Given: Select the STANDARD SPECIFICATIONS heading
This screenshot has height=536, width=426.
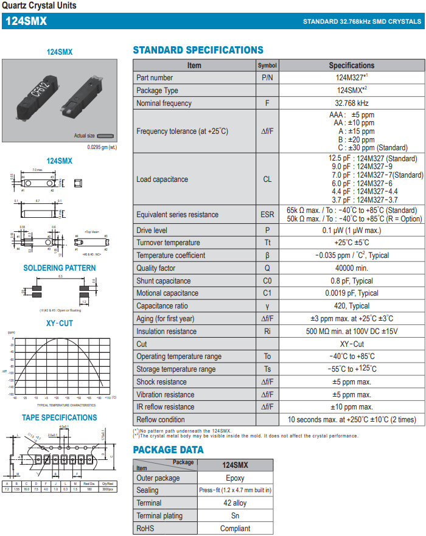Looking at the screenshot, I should (x=198, y=50).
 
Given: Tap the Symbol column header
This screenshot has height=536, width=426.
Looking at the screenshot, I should (x=267, y=65).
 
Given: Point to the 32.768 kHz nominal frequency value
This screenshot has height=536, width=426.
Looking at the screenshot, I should (x=351, y=103).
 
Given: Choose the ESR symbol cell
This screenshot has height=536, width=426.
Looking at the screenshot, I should (x=267, y=215).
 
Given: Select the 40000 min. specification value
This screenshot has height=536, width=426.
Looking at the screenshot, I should (x=351, y=268).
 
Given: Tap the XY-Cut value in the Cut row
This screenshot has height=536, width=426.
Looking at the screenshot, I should (x=351, y=344).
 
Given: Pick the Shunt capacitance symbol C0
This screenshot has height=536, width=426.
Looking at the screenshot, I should (x=267, y=281).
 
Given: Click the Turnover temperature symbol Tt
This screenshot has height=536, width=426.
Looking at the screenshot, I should (x=267, y=243).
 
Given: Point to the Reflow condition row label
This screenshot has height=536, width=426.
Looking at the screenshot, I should (x=160, y=420).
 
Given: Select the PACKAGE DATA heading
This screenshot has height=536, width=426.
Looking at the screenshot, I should (x=168, y=450).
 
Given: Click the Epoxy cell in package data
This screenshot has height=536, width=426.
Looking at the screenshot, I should (x=235, y=478).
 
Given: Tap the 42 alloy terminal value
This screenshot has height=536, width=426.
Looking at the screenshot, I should (x=235, y=503).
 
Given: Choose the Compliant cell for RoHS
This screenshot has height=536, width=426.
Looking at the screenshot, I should (x=235, y=529).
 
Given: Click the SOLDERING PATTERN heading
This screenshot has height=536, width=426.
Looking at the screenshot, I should (x=60, y=268).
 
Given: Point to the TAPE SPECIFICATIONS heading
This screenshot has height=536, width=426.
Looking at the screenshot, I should (x=60, y=418).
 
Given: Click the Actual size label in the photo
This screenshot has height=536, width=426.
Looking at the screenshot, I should (x=84, y=136).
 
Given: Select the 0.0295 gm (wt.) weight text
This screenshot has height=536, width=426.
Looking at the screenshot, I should (x=102, y=147).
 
